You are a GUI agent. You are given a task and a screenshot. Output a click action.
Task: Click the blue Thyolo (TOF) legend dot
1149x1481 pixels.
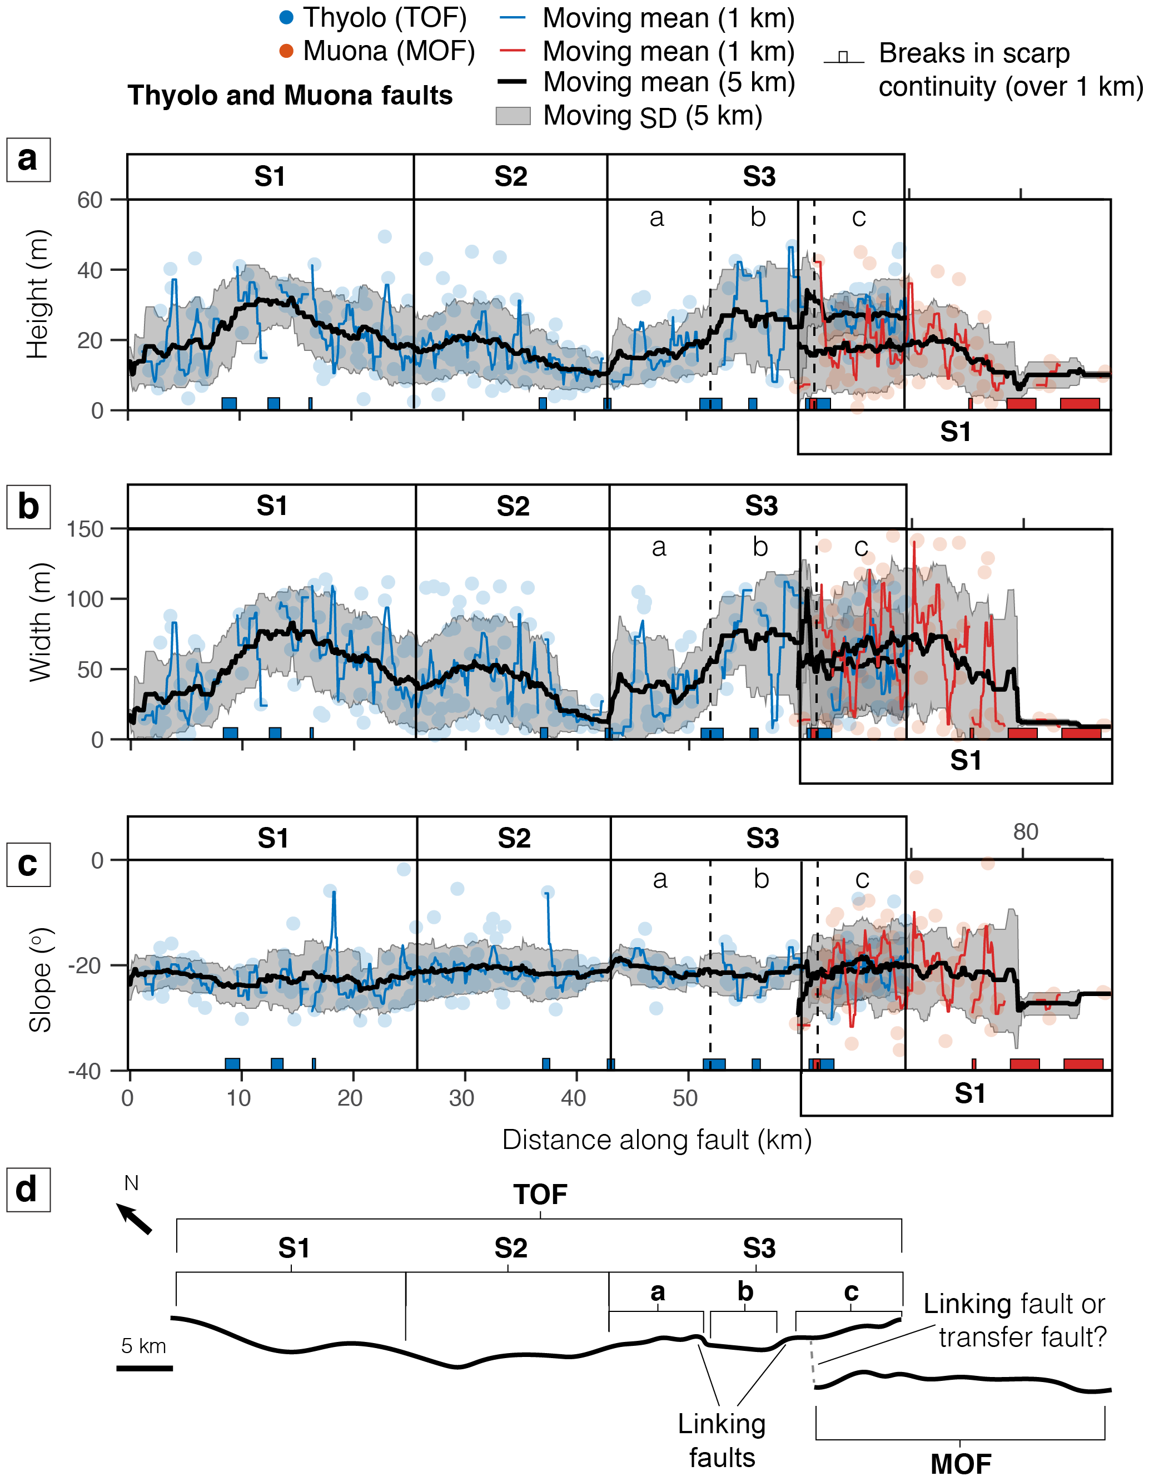tap(287, 18)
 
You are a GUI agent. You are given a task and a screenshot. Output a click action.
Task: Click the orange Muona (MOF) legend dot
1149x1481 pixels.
tap(287, 51)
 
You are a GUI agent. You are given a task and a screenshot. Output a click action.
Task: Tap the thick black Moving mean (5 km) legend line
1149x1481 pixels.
tap(513, 82)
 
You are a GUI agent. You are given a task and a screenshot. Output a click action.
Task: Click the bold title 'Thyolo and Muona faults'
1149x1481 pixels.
tap(290, 96)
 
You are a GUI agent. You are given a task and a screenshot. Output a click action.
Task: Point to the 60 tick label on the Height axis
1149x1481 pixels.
tap(89, 200)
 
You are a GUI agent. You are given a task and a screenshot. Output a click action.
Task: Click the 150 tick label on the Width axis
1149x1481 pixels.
tap(84, 529)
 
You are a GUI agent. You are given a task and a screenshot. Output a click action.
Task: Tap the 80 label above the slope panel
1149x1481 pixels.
tap(1026, 832)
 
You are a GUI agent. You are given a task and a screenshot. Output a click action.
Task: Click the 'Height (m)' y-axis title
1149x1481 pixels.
tap(38, 294)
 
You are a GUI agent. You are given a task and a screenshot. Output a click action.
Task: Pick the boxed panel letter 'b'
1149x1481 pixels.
tap(28, 507)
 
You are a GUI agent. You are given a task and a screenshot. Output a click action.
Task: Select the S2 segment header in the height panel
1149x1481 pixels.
tap(510, 177)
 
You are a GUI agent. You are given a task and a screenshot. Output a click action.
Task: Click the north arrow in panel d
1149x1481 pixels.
tap(135, 1219)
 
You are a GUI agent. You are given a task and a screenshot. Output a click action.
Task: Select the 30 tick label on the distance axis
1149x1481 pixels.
tap(461, 1098)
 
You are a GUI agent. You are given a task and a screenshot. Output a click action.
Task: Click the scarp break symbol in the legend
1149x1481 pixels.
tap(843, 57)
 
